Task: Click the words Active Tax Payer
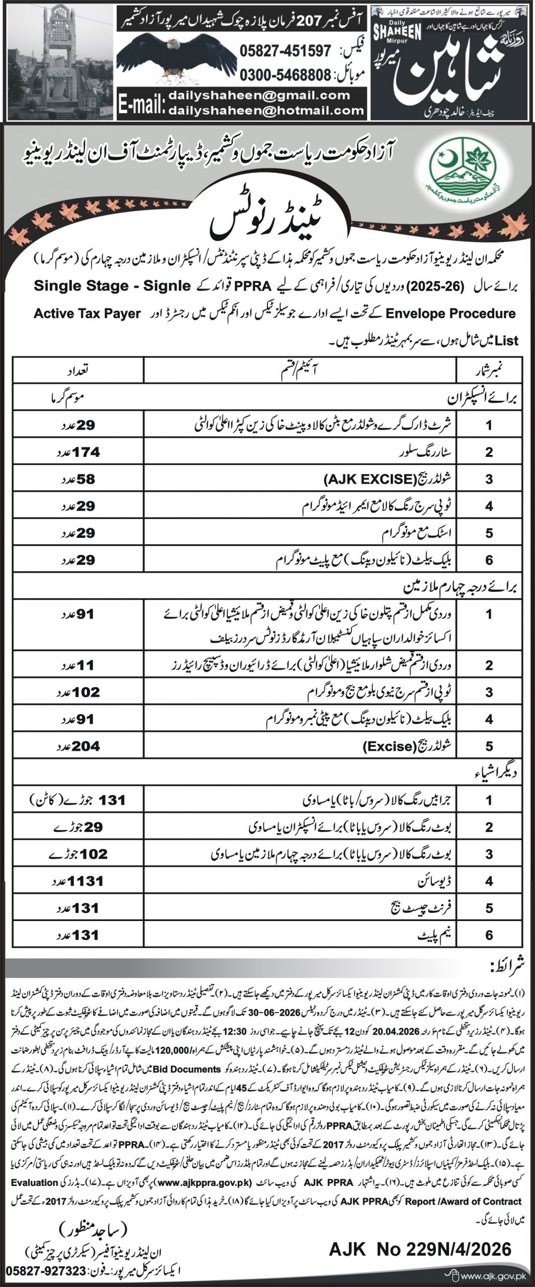click(x=87, y=313)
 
